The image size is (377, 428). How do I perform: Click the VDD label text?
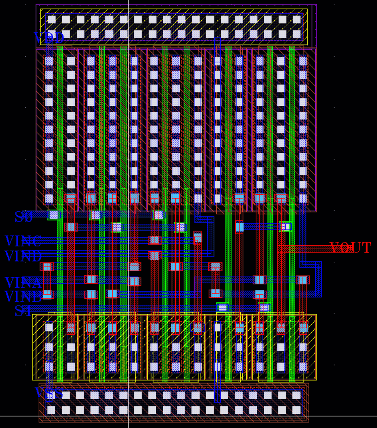coord(49,39)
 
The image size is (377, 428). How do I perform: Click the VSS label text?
coord(49,393)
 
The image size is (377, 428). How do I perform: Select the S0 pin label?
coord(24,217)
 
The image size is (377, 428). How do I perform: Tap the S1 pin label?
coord(24,311)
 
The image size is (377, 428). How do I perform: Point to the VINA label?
coord(23,283)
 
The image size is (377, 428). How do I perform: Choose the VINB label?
coord(23,297)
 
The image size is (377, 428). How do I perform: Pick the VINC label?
coord(23,242)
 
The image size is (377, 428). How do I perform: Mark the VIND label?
coord(23,257)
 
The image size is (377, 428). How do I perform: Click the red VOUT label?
coord(350,248)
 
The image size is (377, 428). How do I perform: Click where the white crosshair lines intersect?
coord(128,416)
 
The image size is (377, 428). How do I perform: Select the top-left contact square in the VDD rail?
coord(51,19)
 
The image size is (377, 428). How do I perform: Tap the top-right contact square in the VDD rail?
coord(297,19)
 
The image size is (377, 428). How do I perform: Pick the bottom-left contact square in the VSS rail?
coord(51,410)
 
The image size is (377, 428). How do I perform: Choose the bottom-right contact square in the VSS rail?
coord(296,410)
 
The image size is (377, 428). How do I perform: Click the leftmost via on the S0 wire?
coord(54,214)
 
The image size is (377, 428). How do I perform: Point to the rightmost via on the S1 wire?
coord(264,308)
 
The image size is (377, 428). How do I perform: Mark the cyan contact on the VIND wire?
coord(154,255)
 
